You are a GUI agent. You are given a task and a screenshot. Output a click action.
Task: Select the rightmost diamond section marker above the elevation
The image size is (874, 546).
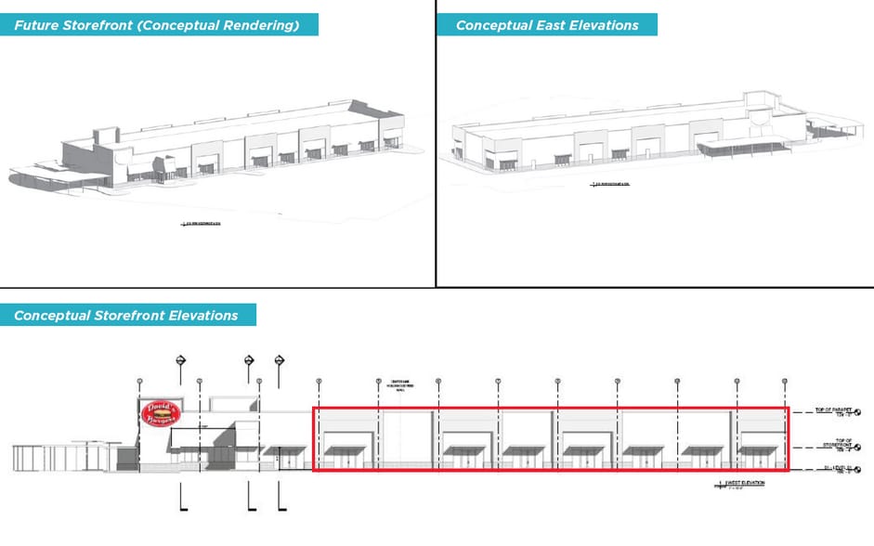[x=280, y=360]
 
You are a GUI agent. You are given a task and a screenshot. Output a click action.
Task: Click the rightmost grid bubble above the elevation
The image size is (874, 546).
[x=786, y=381]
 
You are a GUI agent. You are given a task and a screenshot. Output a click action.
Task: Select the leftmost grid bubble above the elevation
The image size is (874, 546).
[x=139, y=381]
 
